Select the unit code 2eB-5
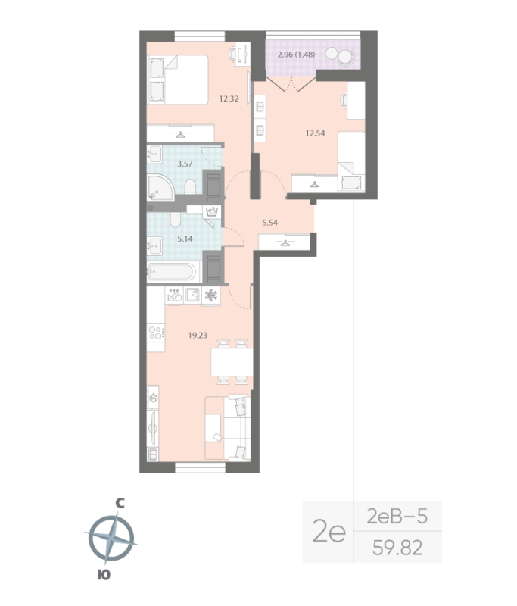[397, 517]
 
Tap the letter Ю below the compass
[103, 576]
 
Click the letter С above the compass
[119, 501]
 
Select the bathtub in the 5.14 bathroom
[173, 272]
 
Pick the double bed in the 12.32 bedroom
[179, 79]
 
